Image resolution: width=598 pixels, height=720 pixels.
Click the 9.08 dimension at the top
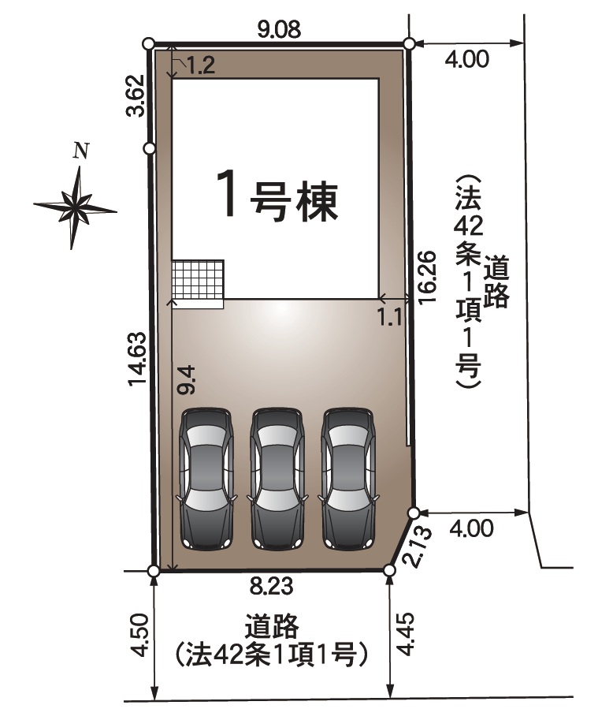pos(279,30)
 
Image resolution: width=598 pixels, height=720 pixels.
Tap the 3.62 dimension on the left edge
pos(136,95)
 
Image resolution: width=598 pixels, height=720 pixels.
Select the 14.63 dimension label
pos(137,359)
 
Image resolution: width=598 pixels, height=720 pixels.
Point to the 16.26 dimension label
pos(426,277)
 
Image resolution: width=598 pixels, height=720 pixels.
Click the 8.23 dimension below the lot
pos(272,587)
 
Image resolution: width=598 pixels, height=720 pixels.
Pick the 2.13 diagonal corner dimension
pos(418,547)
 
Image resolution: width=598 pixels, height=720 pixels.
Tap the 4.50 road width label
pos(139,635)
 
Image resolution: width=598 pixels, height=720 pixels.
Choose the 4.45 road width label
pos(406,635)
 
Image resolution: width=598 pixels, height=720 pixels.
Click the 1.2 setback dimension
pos(201,65)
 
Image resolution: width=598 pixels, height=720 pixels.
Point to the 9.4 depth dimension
pos(187,380)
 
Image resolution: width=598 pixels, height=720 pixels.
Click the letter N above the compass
pos(80,151)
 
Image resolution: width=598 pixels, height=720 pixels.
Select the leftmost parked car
pos(207,479)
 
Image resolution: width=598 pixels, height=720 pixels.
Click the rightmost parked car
pos(348,479)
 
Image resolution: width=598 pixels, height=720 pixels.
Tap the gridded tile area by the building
pos(198,280)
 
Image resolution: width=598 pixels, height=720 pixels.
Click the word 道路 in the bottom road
pos(272,626)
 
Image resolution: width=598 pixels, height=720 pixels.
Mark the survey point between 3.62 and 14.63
pos(150,148)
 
